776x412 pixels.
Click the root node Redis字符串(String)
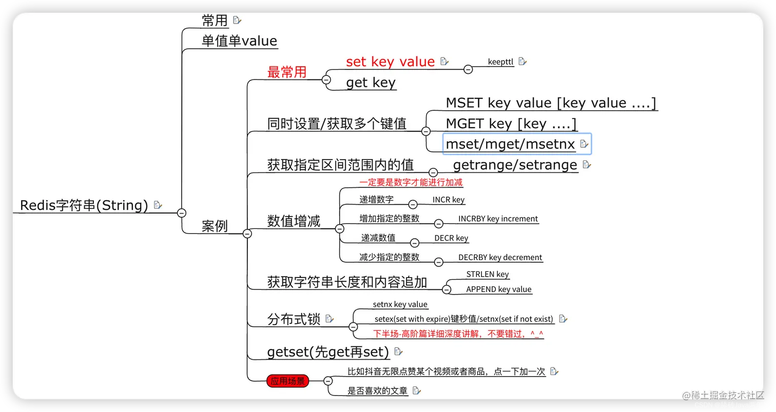[x=84, y=205]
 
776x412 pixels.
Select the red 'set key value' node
[x=390, y=62]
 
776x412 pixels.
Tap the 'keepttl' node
[x=500, y=62]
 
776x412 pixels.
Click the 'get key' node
[x=371, y=83]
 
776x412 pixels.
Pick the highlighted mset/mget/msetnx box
[x=517, y=144]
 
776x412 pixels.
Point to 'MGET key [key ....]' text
[x=511, y=124]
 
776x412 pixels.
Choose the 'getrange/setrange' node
[x=515, y=165]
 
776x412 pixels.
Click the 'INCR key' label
[x=449, y=200]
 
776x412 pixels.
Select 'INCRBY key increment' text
[x=498, y=219]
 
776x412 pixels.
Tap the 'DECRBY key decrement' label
[x=500, y=257]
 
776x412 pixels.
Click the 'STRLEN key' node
[x=488, y=274]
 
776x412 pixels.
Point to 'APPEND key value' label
[x=498, y=289]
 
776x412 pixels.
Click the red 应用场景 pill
[x=287, y=381]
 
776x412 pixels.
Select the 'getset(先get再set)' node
[x=328, y=352]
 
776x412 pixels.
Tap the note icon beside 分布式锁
[x=329, y=319]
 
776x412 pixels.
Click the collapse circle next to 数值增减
[x=339, y=228]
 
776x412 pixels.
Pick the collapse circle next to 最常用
[x=326, y=80]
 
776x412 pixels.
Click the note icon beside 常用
[x=237, y=20]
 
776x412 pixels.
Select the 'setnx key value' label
[x=400, y=304]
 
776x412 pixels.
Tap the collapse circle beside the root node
[x=181, y=212]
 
